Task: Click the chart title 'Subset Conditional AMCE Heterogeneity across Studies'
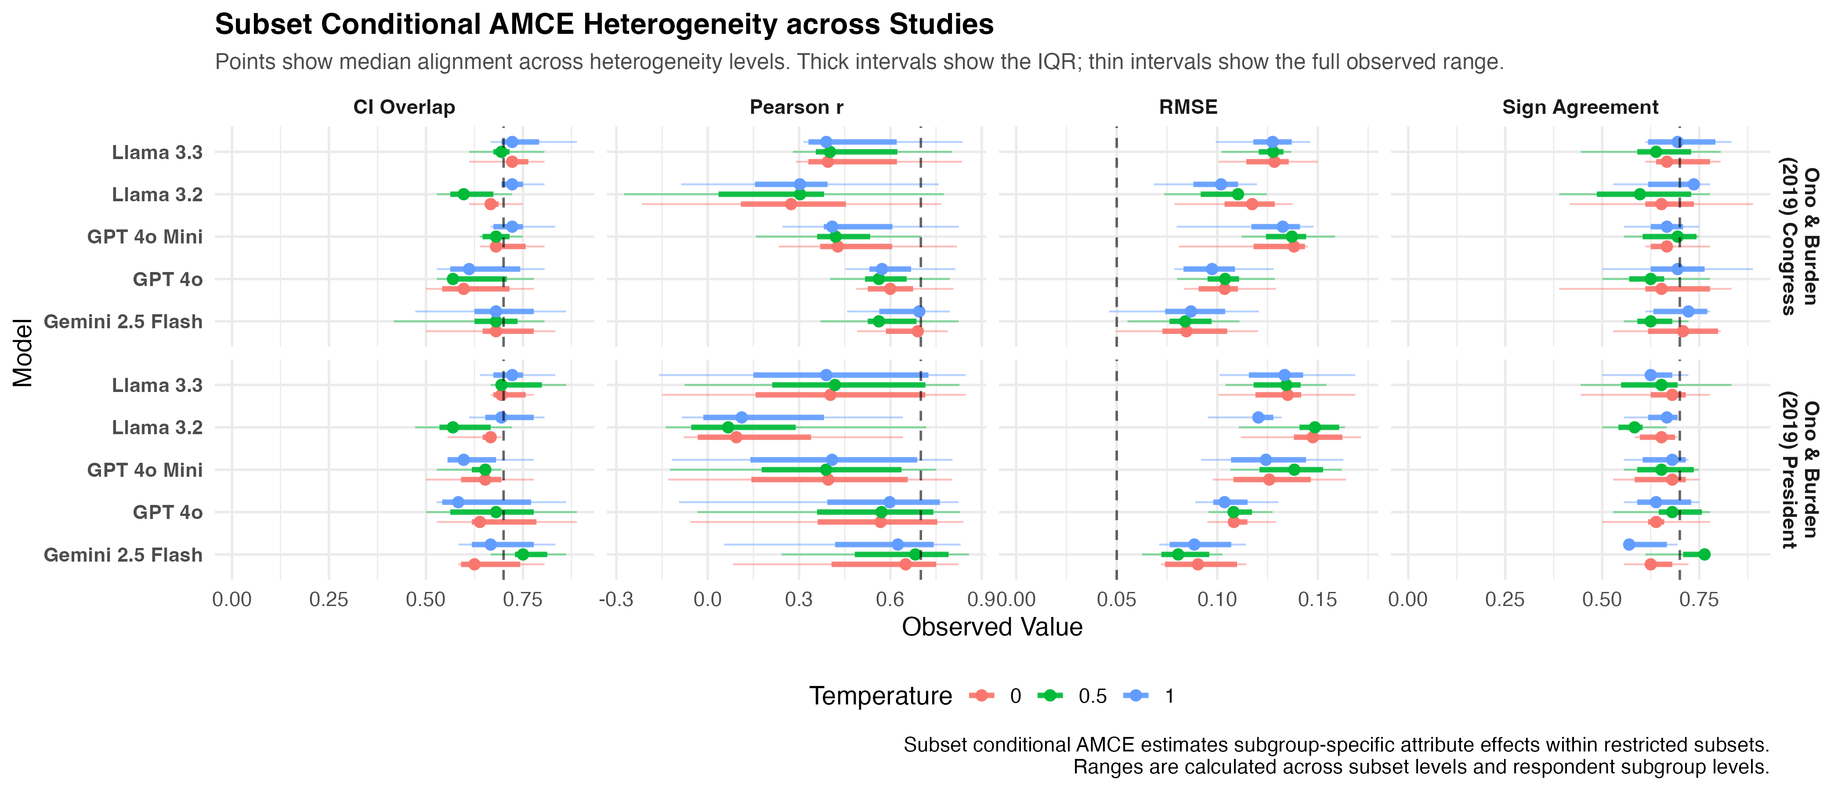(604, 24)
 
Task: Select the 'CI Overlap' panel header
(404, 108)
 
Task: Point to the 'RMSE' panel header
(1188, 108)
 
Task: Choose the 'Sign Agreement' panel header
(1580, 108)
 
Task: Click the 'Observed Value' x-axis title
(992, 627)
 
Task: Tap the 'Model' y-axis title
(23, 353)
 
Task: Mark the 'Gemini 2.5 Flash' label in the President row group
(123, 555)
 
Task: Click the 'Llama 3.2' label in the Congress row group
(158, 195)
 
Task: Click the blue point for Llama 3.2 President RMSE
(1259, 417)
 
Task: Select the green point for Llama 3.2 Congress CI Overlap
(463, 194)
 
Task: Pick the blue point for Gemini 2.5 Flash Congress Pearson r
(919, 312)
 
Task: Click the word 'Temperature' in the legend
(881, 696)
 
